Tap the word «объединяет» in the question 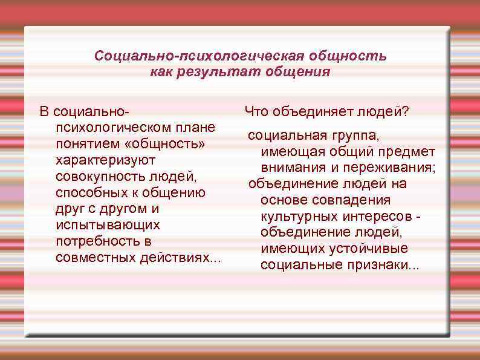(x=305, y=112)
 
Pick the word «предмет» (x=412, y=151)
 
